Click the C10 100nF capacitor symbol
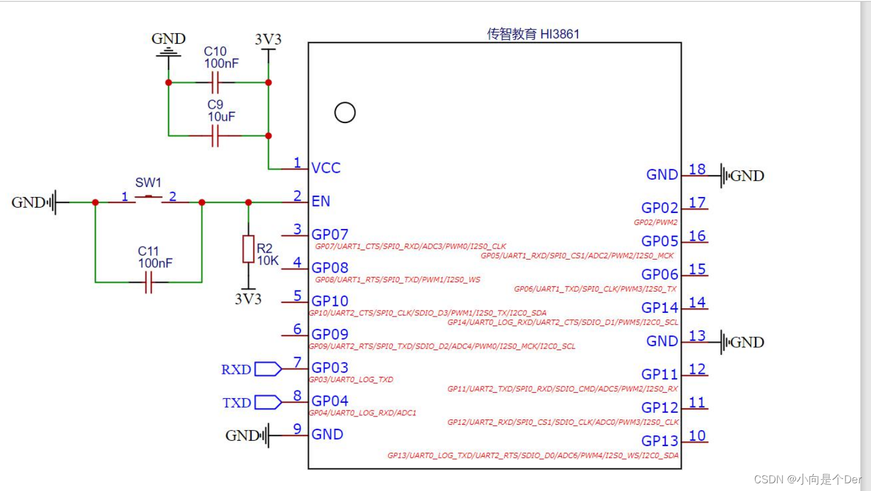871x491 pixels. pyautogui.click(x=215, y=83)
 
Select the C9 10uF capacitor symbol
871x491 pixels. pyautogui.click(x=215, y=136)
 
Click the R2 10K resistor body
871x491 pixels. pyautogui.click(x=248, y=249)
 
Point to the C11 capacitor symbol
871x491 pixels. pyautogui.click(x=148, y=283)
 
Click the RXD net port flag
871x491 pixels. pyautogui.click(x=268, y=369)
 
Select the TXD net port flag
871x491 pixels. pyautogui.click(x=268, y=402)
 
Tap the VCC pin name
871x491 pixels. pyautogui.click(x=326, y=168)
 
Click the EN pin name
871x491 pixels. pyautogui.click(x=321, y=201)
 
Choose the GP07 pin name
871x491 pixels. pyautogui.click(x=330, y=234)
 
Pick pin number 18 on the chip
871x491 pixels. pyautogui.click(x=697, y=169)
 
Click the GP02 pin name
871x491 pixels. pyautogui.click(x=659, y=208)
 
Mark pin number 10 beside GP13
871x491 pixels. pyautogui.click(x=697, y=435)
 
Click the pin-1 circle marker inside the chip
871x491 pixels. pyautogui.click(x=344, y=112)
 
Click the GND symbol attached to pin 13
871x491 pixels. pyautogui.click(x=742, y=342)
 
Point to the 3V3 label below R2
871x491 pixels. pyautogui.click(x=248, y=299)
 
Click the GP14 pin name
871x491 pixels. pyautogui.click(x=659, y=308)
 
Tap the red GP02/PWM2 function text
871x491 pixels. pyautogui.click(x=655, y=222)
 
